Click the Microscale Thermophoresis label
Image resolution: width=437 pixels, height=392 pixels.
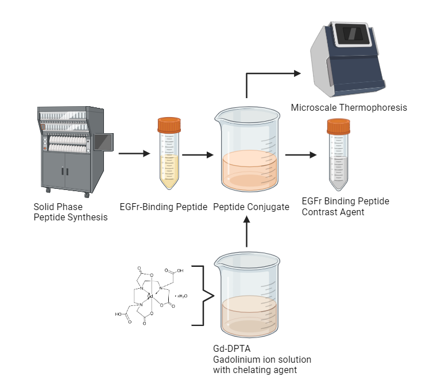pos(349,107)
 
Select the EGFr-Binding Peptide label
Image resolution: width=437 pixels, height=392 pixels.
pos(164,207)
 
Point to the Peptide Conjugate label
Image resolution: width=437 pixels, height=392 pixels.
pos(250,207)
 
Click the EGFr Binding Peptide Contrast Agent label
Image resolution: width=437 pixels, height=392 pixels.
pos(345,207)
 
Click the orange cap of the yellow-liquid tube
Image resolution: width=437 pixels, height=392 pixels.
pos(169,123)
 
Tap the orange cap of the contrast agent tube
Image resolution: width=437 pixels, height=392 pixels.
pos(339,125)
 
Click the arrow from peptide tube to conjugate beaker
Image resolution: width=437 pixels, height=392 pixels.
pos(194,154)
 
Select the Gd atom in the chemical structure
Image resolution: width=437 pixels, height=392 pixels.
pos(149,296)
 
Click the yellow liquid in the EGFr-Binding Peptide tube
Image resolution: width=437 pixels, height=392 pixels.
pos(169,172)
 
